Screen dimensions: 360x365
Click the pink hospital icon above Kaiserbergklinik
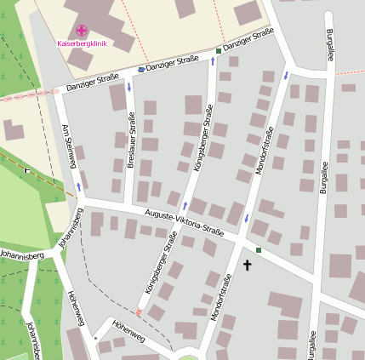[82, 31]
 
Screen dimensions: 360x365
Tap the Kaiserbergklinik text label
[82, 43]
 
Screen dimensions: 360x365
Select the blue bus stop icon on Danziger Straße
[140, 69]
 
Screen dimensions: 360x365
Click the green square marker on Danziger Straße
[218, 52]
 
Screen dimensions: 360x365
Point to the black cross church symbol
[248, 266]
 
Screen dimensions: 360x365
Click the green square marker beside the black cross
[259, 250]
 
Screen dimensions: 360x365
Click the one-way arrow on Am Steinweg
[79, 186]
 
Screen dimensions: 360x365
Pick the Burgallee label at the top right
[329, 46]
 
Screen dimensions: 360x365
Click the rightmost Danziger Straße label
[248, 39]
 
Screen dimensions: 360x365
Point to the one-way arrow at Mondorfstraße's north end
[285, 75]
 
